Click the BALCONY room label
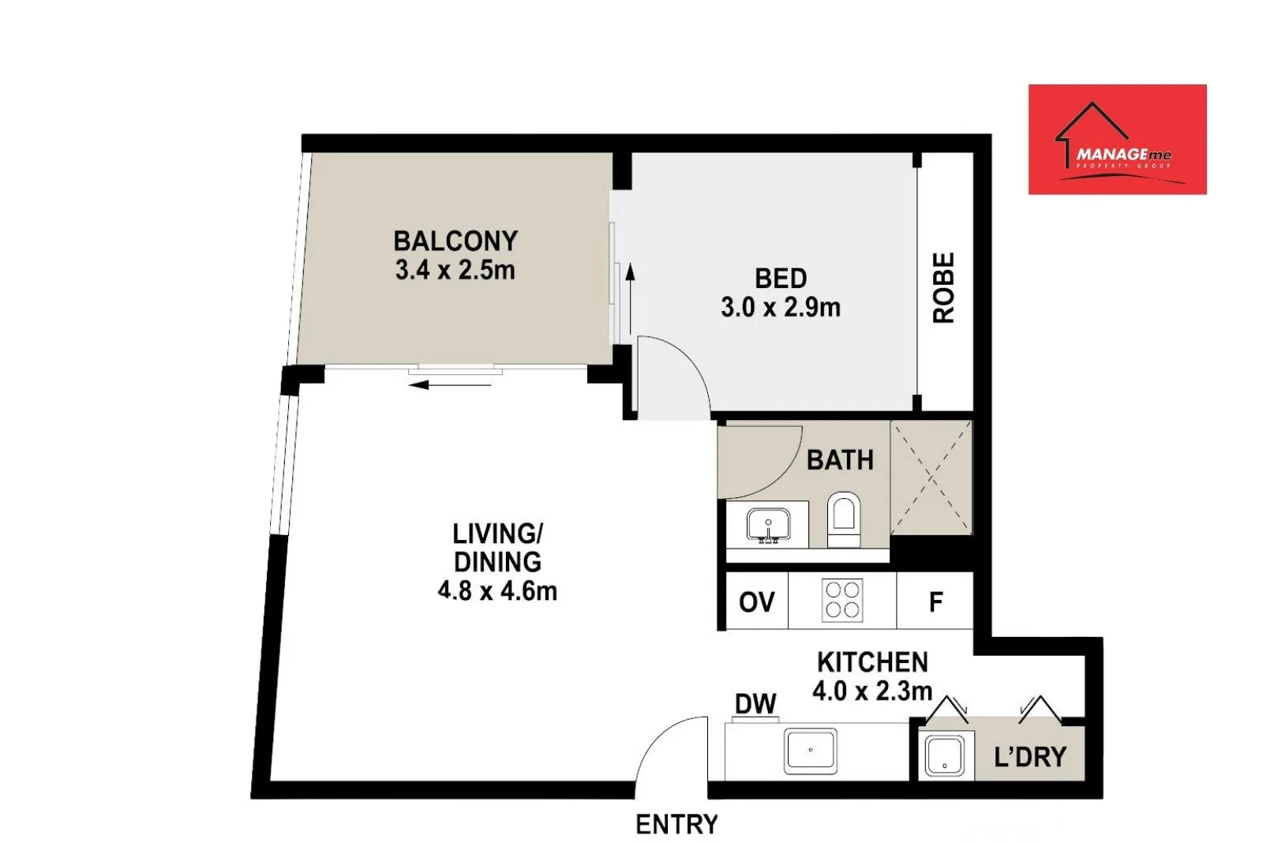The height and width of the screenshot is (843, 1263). tap(455, 240)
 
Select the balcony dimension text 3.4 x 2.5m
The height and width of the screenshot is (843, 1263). tap(455, 270)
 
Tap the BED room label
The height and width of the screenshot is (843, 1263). tap(781, 278)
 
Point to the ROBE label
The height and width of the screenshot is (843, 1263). tap(944, 288)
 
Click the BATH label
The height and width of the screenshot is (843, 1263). tap(840, 459)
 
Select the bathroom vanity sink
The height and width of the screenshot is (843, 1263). tap(768, 524)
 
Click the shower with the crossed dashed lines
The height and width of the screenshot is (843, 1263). tap(931, 478)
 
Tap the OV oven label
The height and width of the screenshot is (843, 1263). tap(756, 602)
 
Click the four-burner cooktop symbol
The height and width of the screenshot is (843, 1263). tap(842, 600)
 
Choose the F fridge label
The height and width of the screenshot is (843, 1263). tap(935, 602)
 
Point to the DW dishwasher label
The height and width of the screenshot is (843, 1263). tap(755, 703)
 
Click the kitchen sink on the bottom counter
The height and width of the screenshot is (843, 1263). tap(810, 751)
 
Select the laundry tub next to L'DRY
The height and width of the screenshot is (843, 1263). tap(944, 756)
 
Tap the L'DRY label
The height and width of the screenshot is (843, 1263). tap(1030, 757)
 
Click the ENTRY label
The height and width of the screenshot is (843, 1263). tap(676, 824)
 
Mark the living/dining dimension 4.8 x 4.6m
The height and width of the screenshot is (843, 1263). tap(497, 590)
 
